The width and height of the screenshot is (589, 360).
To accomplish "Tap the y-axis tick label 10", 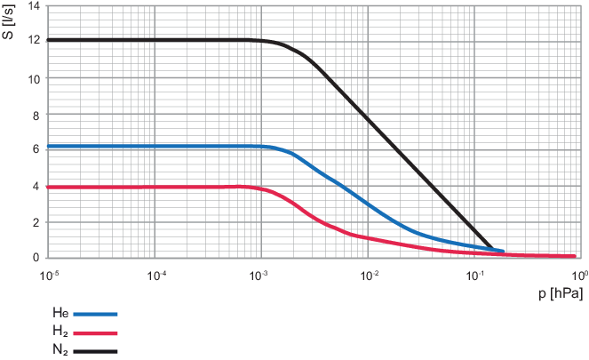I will tap(34, 78).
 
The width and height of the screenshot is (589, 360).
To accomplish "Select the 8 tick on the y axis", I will tap(36, 115).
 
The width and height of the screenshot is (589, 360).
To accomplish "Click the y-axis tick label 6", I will tap(36, 150).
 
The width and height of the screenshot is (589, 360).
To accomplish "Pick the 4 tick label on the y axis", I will tap(36, 186).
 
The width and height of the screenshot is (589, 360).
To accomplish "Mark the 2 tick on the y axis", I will tap(36, 222).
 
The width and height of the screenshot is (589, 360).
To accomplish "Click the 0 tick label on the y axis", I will tap(36, 258).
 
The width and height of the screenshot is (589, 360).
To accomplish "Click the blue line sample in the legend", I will tap(95, 313).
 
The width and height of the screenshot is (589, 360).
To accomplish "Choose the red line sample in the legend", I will tap(95, 332).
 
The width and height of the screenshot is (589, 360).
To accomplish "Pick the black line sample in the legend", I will tap(95, 350).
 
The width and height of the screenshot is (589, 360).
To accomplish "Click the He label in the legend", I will tap(60, 313).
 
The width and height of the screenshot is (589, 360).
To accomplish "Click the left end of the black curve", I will tap(51, 40).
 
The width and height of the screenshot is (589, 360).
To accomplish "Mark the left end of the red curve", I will tap(51, 188).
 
